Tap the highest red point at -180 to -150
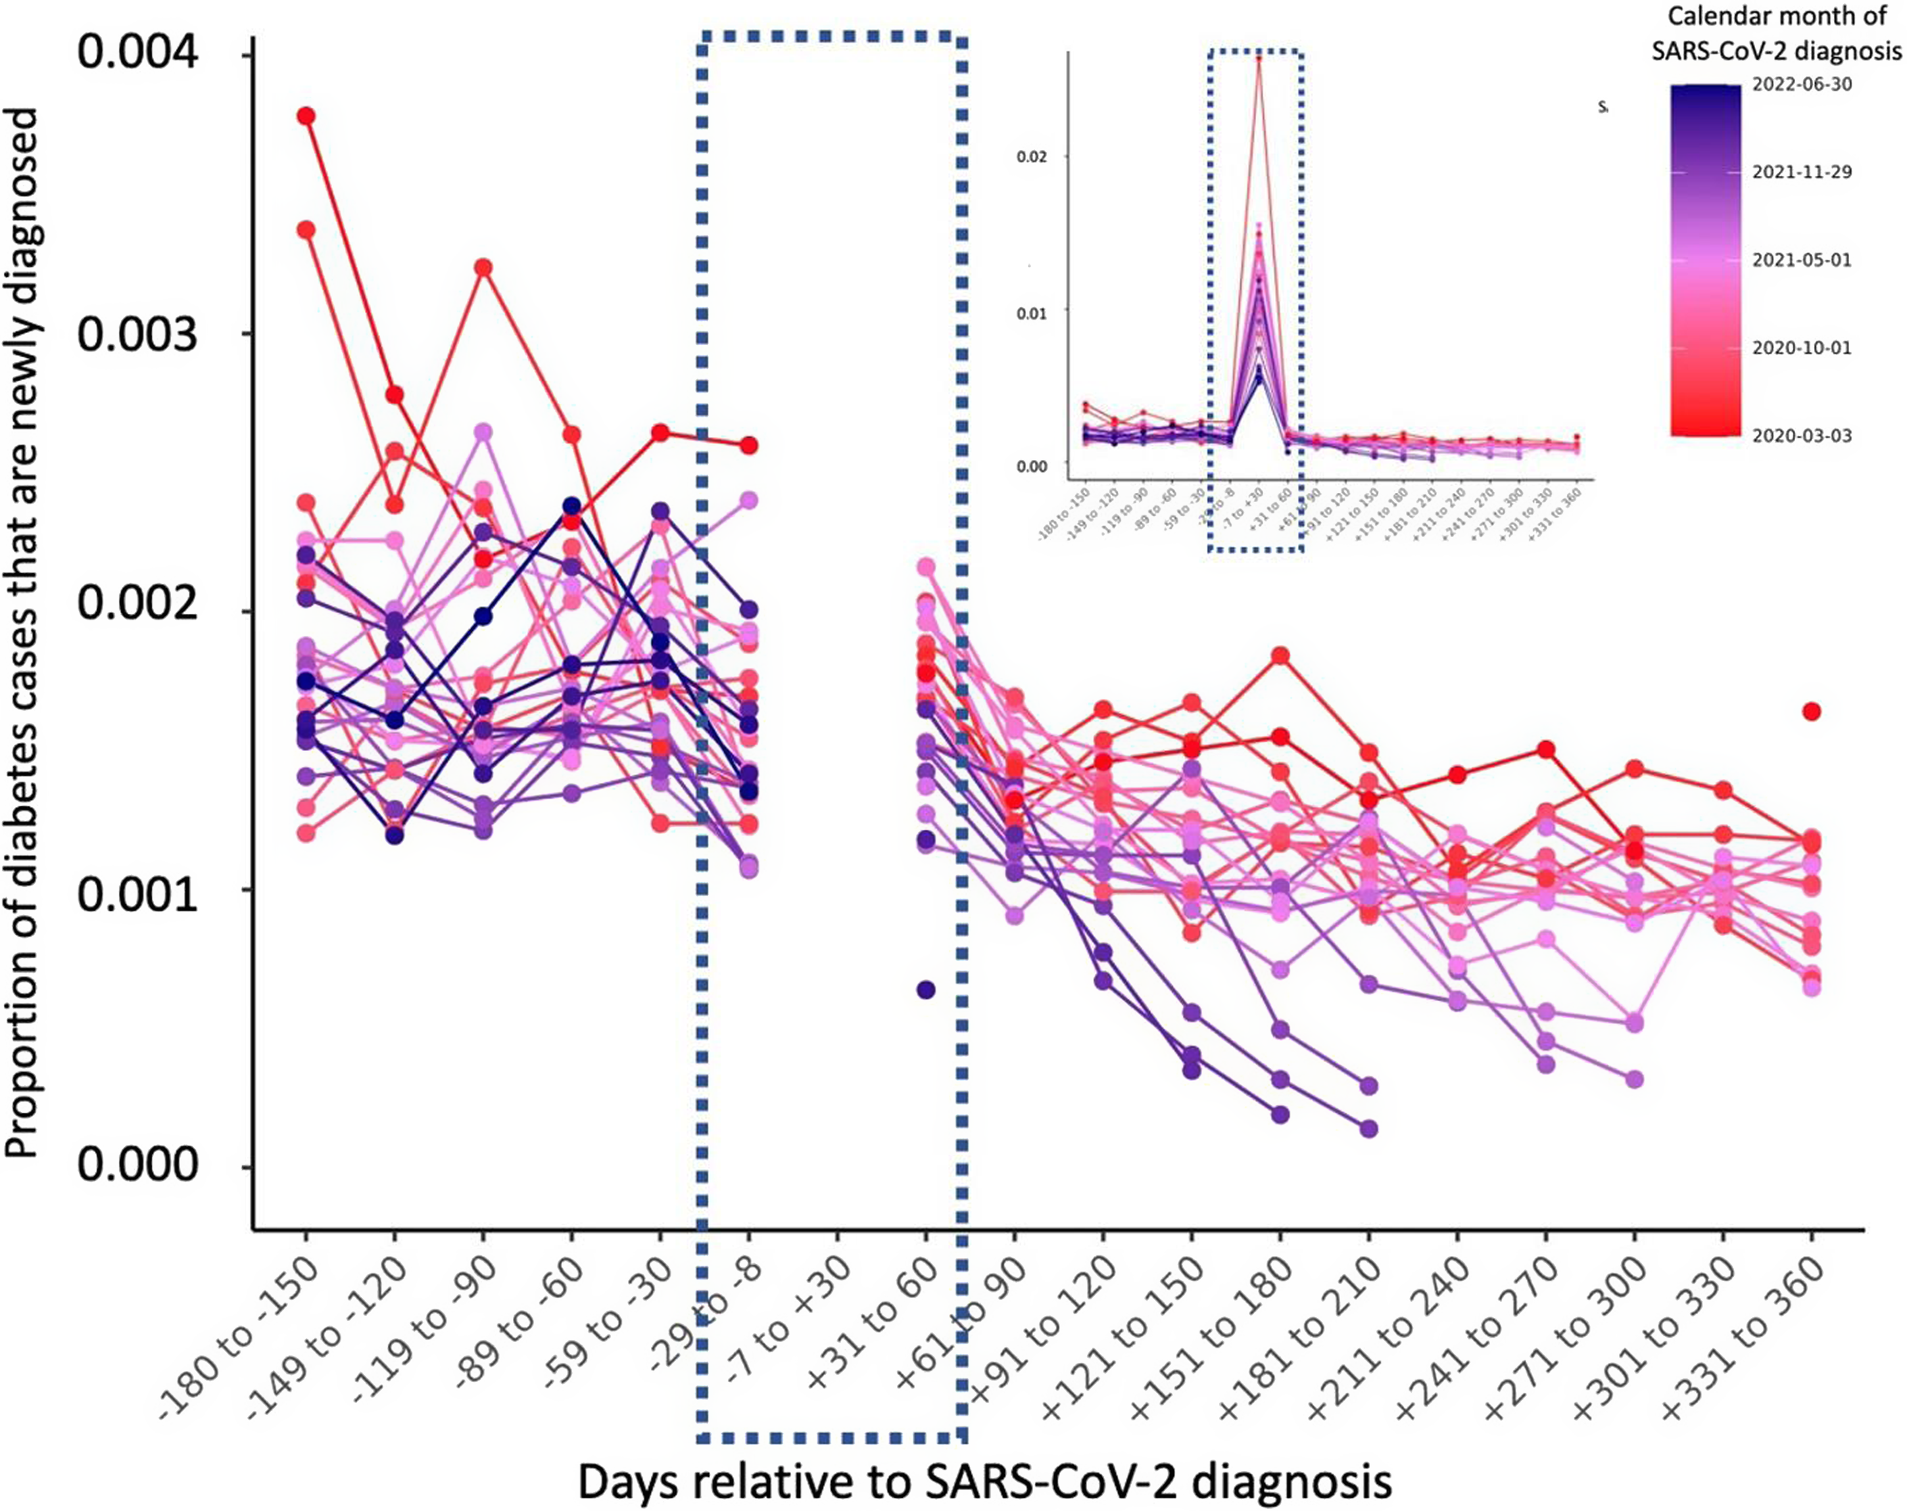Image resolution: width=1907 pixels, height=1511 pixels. click(306, 116)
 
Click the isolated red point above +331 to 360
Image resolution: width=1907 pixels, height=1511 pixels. click(1812, 712)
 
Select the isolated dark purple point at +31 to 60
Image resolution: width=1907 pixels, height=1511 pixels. click(926, 990)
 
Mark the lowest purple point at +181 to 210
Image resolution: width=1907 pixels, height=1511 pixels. click(1369, 1129)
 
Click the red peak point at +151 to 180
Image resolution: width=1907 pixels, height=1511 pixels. click(1280, 655)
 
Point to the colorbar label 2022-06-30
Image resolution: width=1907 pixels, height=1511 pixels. click(1802, 85)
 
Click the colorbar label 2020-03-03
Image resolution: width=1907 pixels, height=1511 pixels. click(1802, 435)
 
